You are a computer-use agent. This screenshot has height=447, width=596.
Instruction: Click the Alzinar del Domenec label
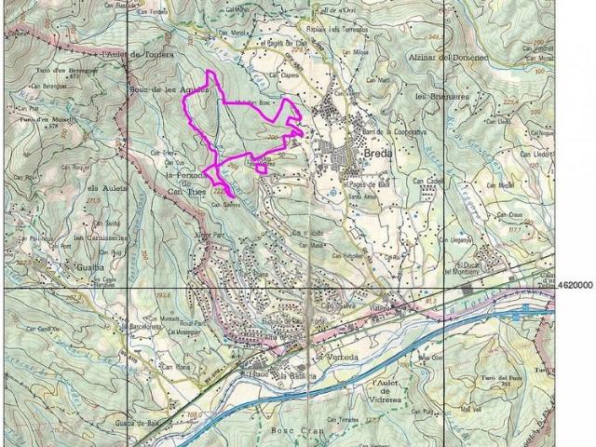coord(448,58)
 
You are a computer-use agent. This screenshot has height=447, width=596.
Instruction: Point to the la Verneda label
coord(335,357)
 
